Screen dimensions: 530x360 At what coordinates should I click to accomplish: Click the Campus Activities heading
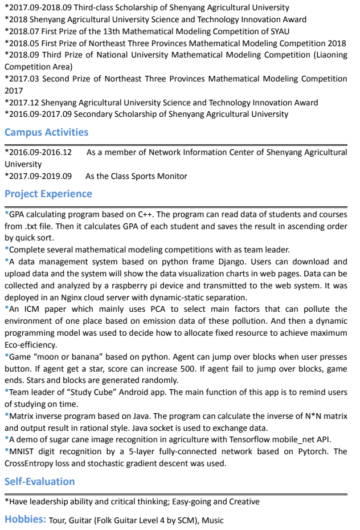point(46,132)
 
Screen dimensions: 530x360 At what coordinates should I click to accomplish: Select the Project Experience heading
point(48,194)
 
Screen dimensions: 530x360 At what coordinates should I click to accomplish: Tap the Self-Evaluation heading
point(40,482)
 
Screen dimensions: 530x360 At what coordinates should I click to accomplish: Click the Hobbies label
point(25,519)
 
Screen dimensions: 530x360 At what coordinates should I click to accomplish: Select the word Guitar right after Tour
point(80,520)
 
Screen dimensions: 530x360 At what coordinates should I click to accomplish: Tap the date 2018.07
point(24,31)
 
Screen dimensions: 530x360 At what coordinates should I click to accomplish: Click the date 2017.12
point(24,103)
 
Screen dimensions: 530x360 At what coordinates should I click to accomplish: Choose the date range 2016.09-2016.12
point(40,152)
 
